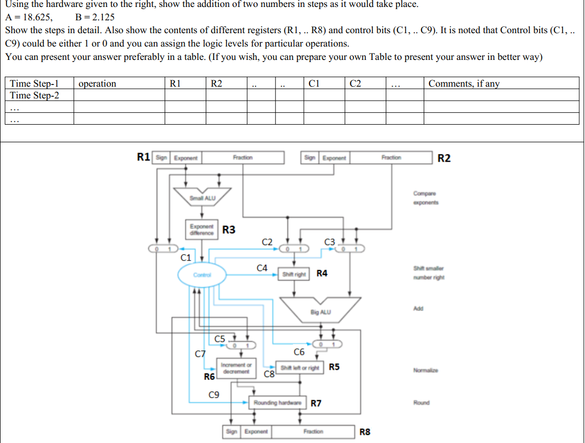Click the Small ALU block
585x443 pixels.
click(202, 198)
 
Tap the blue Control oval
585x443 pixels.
click(201, 275)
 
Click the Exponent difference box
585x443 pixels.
click(202, 230)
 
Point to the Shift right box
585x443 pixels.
click(294, 274)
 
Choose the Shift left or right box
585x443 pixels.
click(300, 368)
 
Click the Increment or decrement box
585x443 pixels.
click(234, 368)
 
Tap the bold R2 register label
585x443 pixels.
click(444, 158)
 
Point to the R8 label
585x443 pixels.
click(365, 431)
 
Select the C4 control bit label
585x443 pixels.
click(262, 267)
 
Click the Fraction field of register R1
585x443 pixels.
click(243, 158)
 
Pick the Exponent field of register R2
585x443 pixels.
click(334, 158)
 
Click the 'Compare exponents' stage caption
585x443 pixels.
click(425, 198)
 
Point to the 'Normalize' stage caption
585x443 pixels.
click(425, 370)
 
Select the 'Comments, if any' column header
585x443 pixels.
click(464, 83)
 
